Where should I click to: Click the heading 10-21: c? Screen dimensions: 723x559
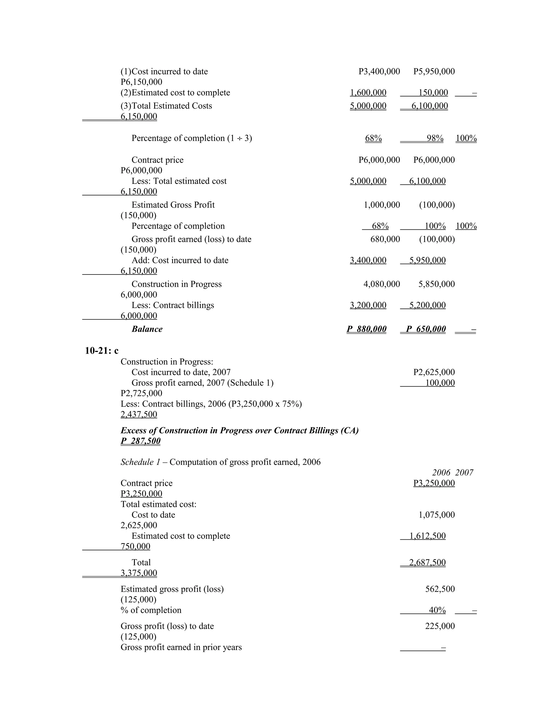click(101, 351)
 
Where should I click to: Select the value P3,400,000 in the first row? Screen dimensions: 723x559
click(379, 71)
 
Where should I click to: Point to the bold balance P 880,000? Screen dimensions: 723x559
click(367, 329)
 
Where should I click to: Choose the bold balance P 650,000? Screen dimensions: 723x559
click(426, 329)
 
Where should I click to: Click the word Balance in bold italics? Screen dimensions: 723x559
click(147, 329)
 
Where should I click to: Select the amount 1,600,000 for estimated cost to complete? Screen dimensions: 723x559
click(368, 93)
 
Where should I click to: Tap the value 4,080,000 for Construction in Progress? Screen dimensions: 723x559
click(382, 284)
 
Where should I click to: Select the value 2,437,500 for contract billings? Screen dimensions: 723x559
click(139, 414)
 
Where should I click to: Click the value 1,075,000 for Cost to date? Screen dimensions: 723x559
click(436, 515)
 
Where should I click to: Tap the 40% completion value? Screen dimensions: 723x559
click(437, 610)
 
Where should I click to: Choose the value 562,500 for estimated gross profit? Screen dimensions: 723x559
click(440, 589)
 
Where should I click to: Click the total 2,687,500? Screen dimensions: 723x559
click(427, 563)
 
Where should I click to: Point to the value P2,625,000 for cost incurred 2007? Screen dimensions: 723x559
click(434, 372)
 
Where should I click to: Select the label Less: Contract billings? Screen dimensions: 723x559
click(173, 305)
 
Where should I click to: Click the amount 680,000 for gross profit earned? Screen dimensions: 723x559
click(385, 239)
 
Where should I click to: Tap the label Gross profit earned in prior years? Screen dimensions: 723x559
click(181, 647)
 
